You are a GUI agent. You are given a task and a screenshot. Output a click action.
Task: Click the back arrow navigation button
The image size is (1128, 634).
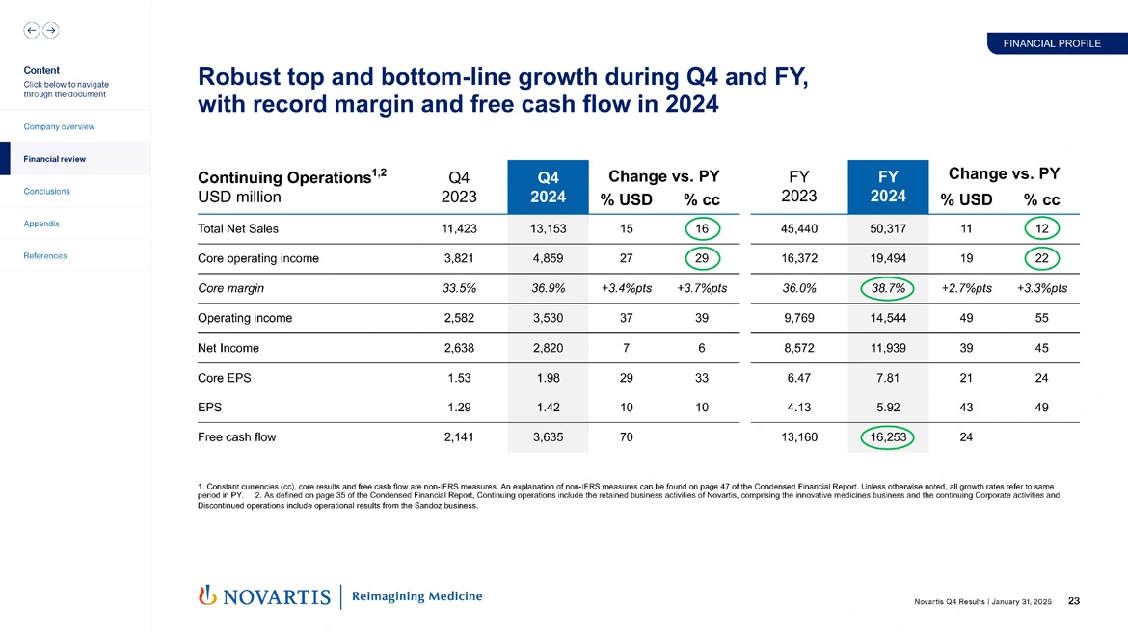click(32, 30)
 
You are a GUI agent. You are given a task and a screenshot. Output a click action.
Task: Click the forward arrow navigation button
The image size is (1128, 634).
click(50, 30)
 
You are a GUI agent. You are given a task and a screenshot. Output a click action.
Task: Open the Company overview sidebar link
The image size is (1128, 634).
click(60, 126)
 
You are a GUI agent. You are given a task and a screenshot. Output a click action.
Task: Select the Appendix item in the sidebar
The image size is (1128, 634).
click(41, 224)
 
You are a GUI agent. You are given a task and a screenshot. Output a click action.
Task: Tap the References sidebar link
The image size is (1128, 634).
click(44, 256)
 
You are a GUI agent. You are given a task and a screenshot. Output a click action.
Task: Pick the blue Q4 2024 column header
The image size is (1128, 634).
click(548, 186)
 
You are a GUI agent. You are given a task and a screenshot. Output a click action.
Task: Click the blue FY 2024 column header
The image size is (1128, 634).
click(888, 186)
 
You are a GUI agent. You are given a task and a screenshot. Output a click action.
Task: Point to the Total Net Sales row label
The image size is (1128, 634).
click(238, 229)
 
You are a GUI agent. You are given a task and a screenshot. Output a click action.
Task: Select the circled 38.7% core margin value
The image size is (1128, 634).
click(888, 288)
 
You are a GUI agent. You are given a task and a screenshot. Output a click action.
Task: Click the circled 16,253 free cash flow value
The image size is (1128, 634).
click(888, 437)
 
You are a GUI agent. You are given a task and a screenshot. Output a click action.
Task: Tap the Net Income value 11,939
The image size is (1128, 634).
click(888, 348)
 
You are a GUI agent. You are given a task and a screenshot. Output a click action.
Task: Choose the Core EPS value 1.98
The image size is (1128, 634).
click(548, 378)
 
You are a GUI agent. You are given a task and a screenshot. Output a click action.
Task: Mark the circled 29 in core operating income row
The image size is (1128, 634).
click(701, 258)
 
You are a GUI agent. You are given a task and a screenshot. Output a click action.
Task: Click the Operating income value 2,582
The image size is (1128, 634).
click(458, 318)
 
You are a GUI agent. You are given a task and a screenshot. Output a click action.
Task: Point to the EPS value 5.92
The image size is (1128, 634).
click(888, 408)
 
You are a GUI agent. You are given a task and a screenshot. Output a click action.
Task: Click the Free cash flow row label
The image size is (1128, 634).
click(236, 437)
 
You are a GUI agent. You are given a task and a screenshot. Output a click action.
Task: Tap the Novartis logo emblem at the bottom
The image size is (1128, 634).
click(205, 596)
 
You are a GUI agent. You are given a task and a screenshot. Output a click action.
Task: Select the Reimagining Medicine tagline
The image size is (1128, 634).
click(417, 596)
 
